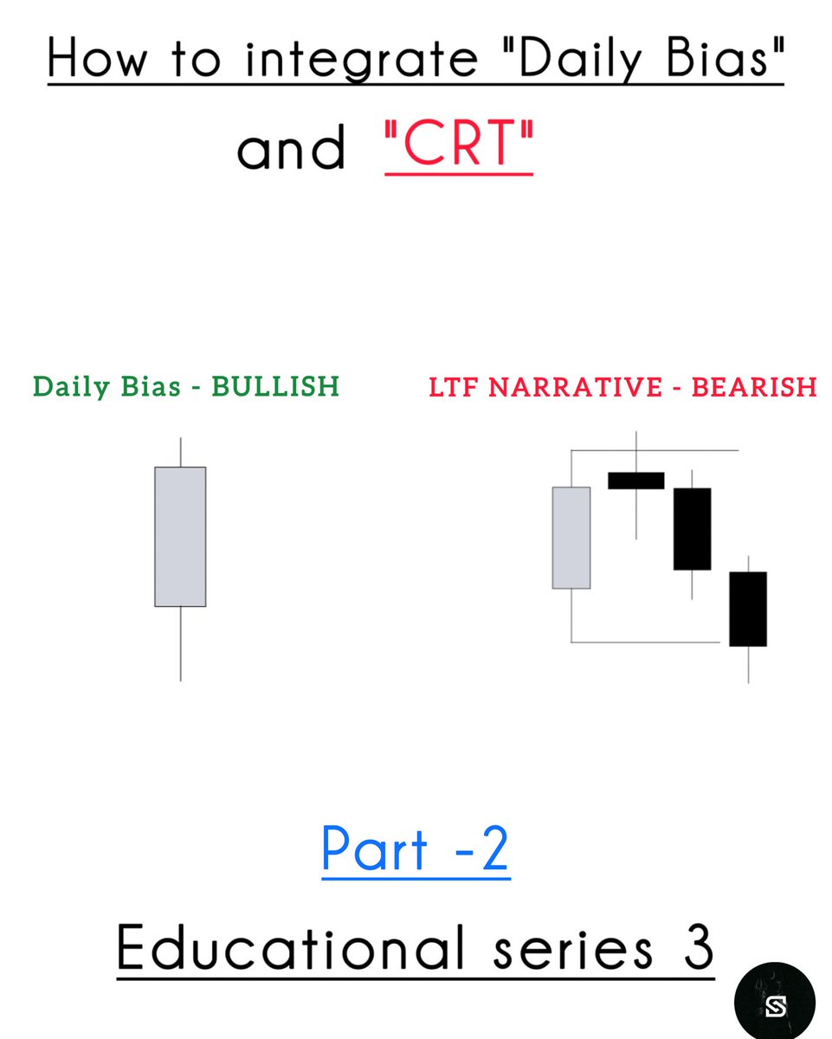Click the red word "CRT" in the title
pyautogui.click(x=459, y=147)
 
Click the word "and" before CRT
pyautogui.click(x=290, y=149)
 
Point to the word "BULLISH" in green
pyautogui.click(x=275, y=386)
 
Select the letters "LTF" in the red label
pyautogui.click(x=455, y=386)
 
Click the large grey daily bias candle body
pyautogui.click(x=180, y=537)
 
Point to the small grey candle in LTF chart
pyautogui.click(x=571, y=538)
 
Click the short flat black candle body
pyautogui.click(x=636, y=481)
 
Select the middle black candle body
pyautogui.click(x=692, y=529)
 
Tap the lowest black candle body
pyautogui.click(x=748, y=609)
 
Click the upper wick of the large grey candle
pyautogui.click(x=180, y=452)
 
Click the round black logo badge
pyautogui.click(x=774, y=1000)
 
